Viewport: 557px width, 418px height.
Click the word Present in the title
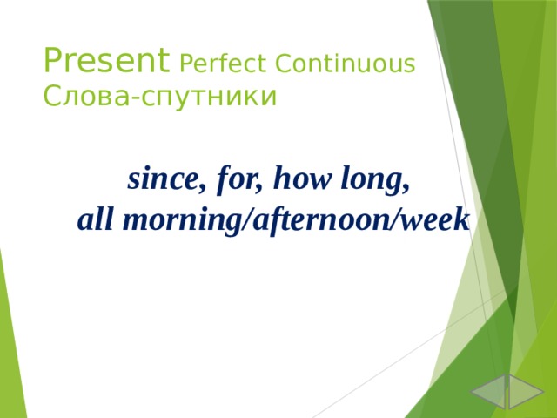click(x=106, y=62)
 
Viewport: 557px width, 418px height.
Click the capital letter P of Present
click(x=53, y=62)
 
